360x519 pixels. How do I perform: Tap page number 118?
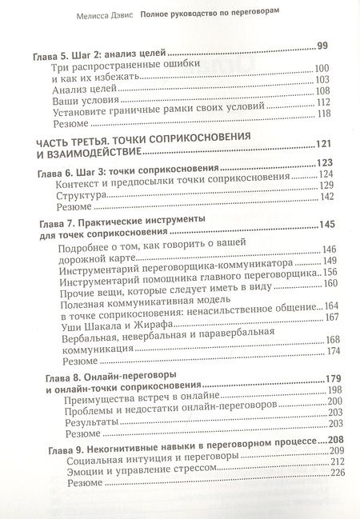[323, 114]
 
